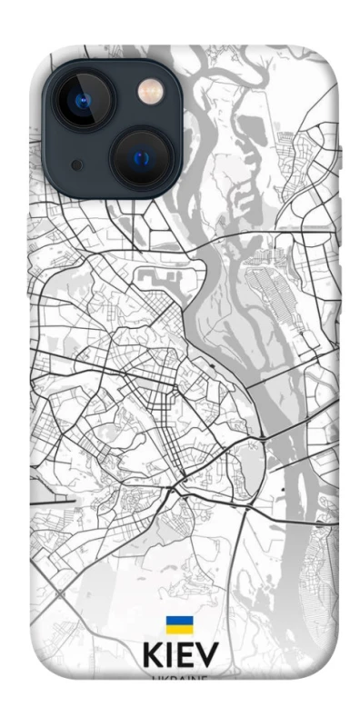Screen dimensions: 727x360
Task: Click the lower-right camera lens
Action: pyautogui.click(x=143, y=157)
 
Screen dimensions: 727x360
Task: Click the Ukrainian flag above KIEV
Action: pyautogui.click(x=179, y=625)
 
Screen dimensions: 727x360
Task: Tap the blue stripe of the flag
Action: pyautogui.click(x=179, y=621)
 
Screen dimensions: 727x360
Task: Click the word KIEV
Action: pyautogui.click(x=180, y=657)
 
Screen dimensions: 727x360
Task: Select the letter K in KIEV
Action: pyautogui.click(x=153, y=657)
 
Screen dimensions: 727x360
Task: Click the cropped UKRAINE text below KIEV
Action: pyautogui.click(x=180, y=677)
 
